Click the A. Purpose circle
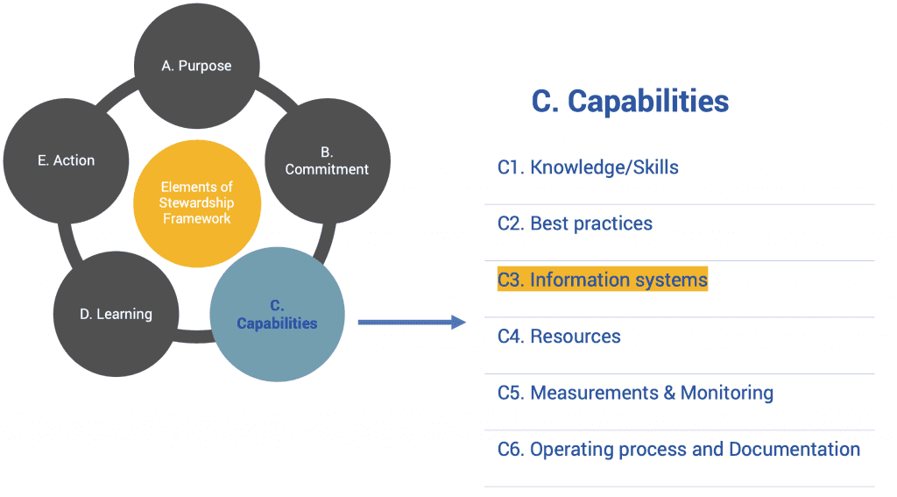pyautogui.click(x=196, y=66)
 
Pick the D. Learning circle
pyautogui.click(x=116, y=314)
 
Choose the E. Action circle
pyautogui.click(x=67, y=160)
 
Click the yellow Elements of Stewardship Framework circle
pyautogui.click(x=196, y=203)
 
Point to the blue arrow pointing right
pyautogui.click(x=412, y=323)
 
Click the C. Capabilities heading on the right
pyautogui.click(x=630, y=101)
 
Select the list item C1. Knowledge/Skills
pyautogui.click(x=588, y=167)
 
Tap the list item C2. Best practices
pyautogui.click(x=575, y=224)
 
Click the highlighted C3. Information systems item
pyautogui.click(x=602, y=280)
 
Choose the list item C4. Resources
pyautogui.click(x=559, y=337)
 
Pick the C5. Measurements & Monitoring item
pyautogui.click(x=635, y=393)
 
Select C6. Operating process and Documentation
pyautogui.click(x=678, y=449)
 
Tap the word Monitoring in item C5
pyautogui.click(x=726, y=393)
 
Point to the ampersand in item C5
pyautogui.click(x=668, y=393)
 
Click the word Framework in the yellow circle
pyautogui.click(x=196, y=218)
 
